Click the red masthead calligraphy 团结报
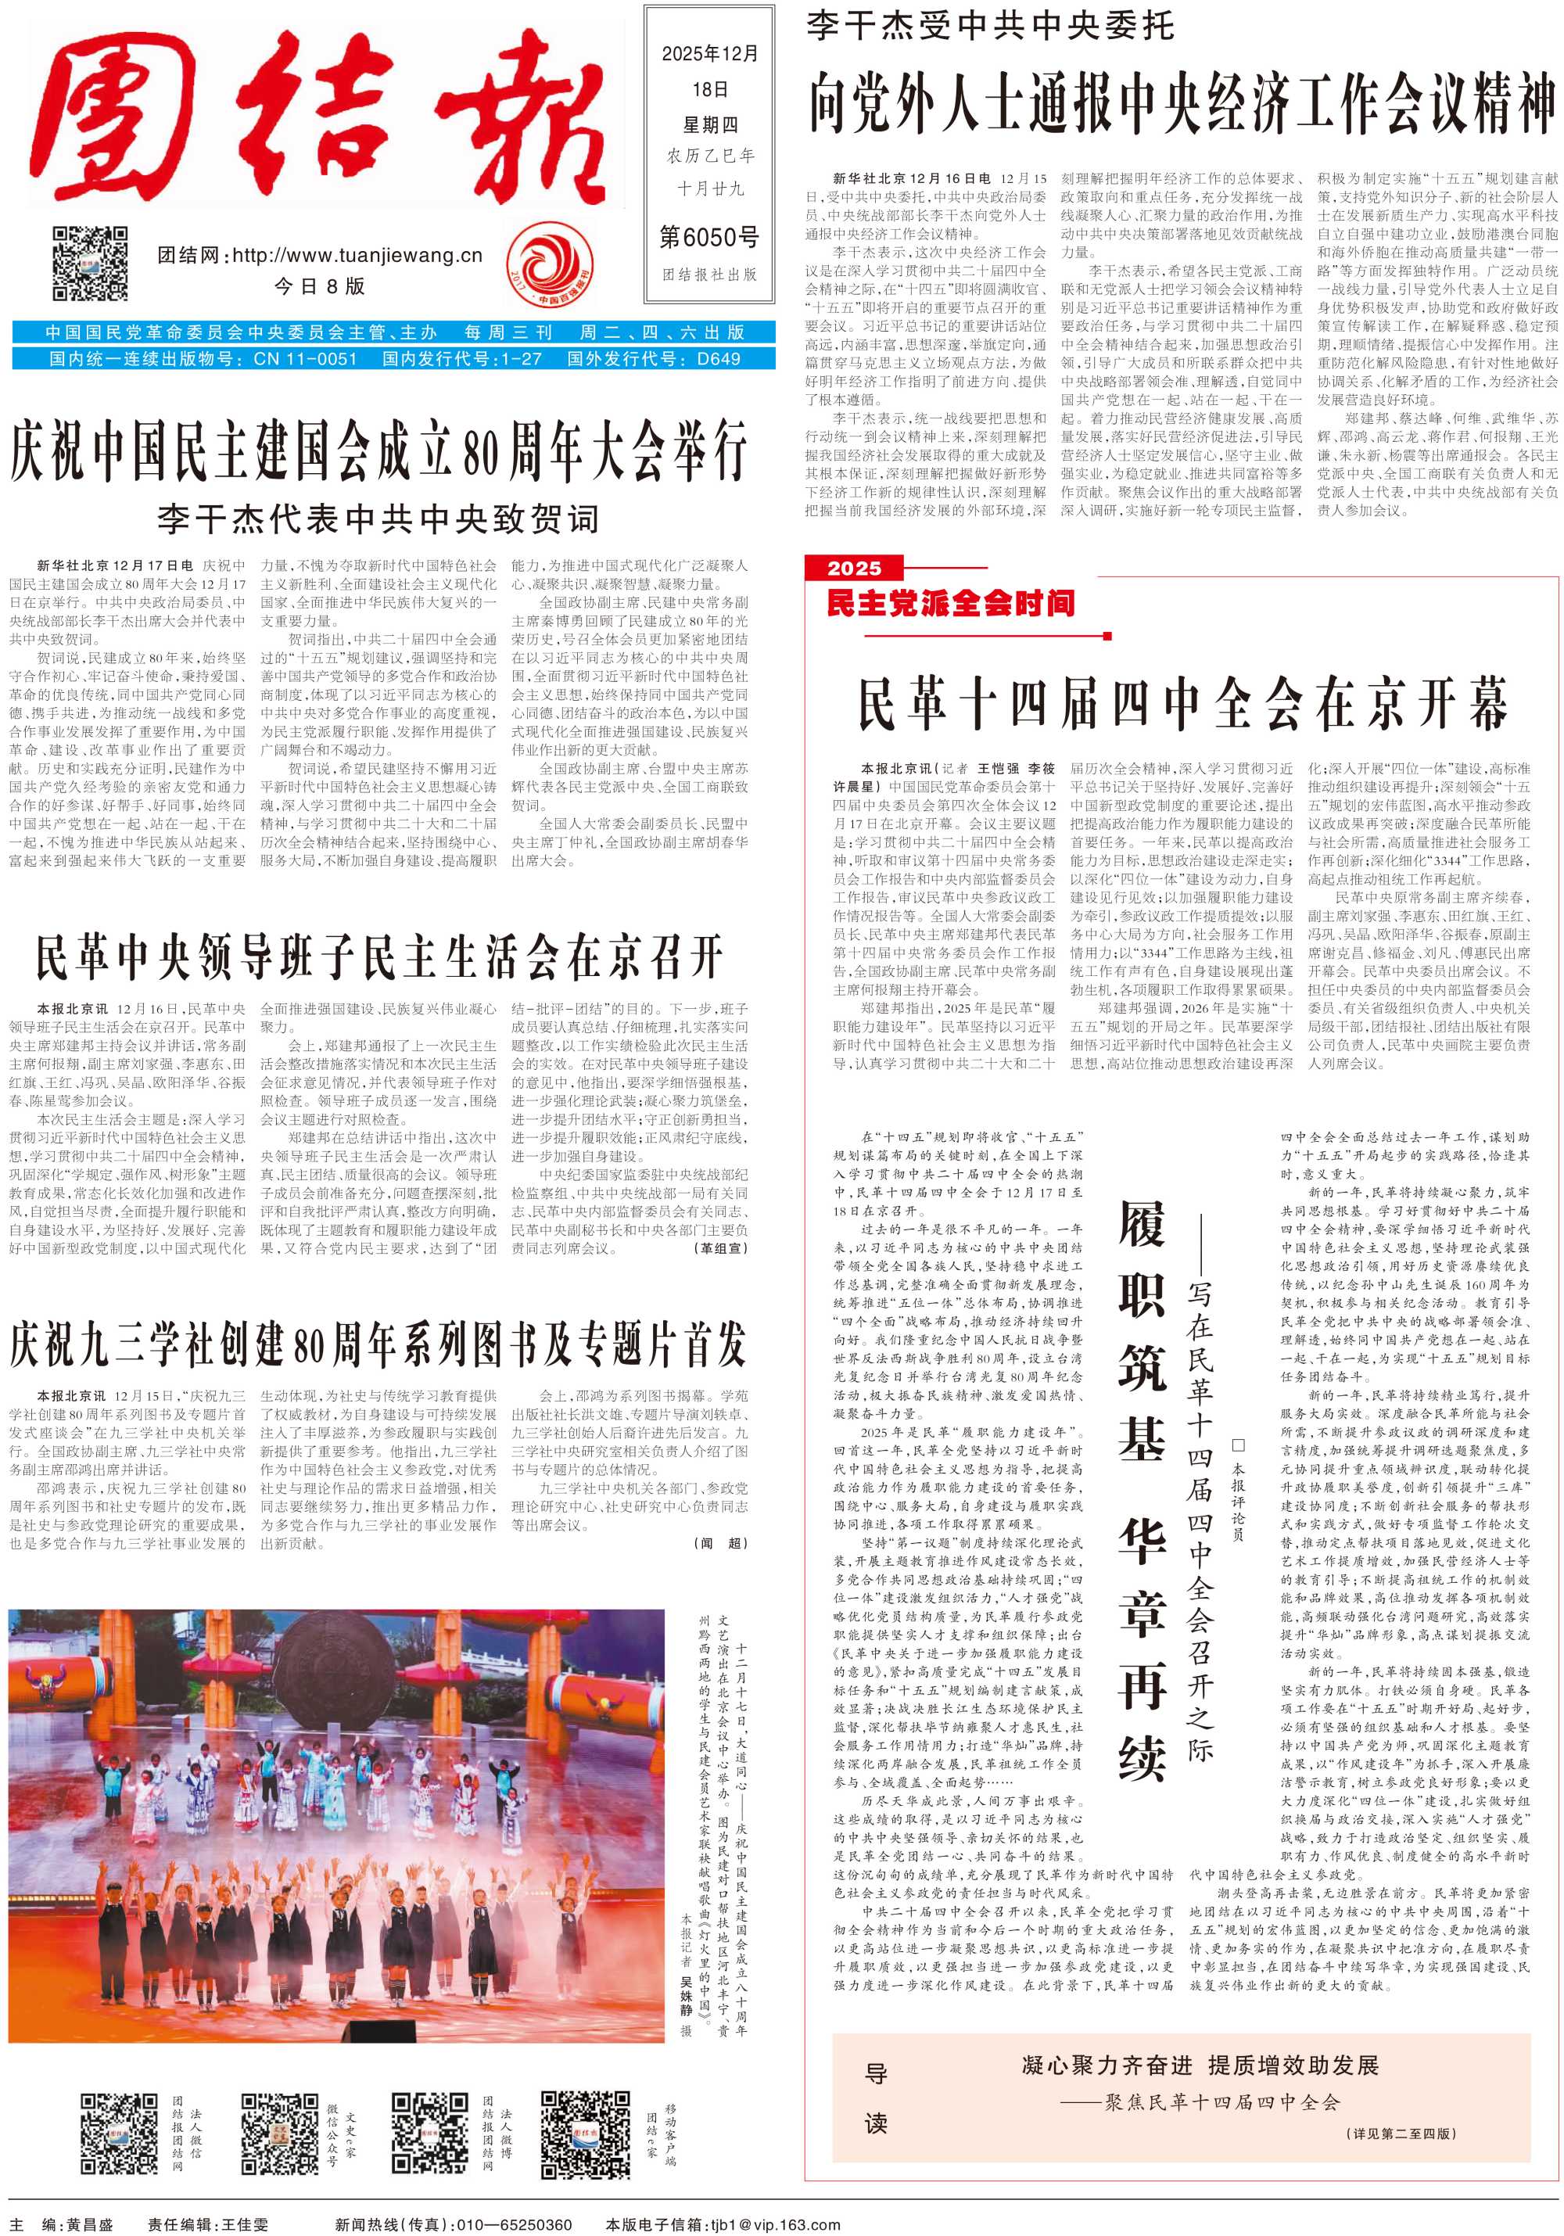321,117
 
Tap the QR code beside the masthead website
90,263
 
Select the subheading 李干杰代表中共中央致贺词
378,517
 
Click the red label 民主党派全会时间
950,604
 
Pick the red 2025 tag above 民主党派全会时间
854,568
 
